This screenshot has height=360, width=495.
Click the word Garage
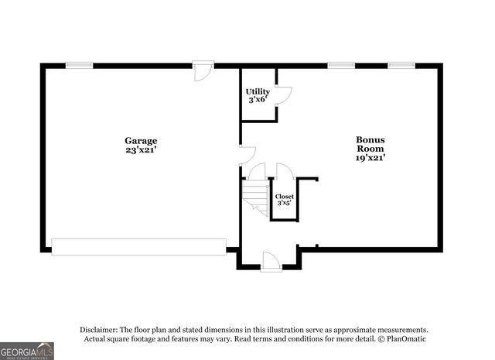pos(141,141)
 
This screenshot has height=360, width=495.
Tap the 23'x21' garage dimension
pos(141,150)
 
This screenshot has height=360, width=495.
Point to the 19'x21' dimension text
pos(370,157)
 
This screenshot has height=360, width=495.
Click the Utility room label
pos(258,91)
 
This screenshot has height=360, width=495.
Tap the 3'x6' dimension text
pos(258,101)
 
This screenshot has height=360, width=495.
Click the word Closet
pos(285,197)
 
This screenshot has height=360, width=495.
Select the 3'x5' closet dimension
pos(285,205)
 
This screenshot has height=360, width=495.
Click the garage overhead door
pos(138,247)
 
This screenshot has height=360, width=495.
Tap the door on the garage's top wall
pos(203,70)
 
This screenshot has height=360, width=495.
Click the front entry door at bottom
pos(271,262)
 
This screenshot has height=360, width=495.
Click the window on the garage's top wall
pos(79,66)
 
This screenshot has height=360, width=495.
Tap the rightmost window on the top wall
pos(401,66)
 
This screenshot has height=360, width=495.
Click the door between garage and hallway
pos(246,154)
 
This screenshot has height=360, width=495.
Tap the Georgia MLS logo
pos(27,351)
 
